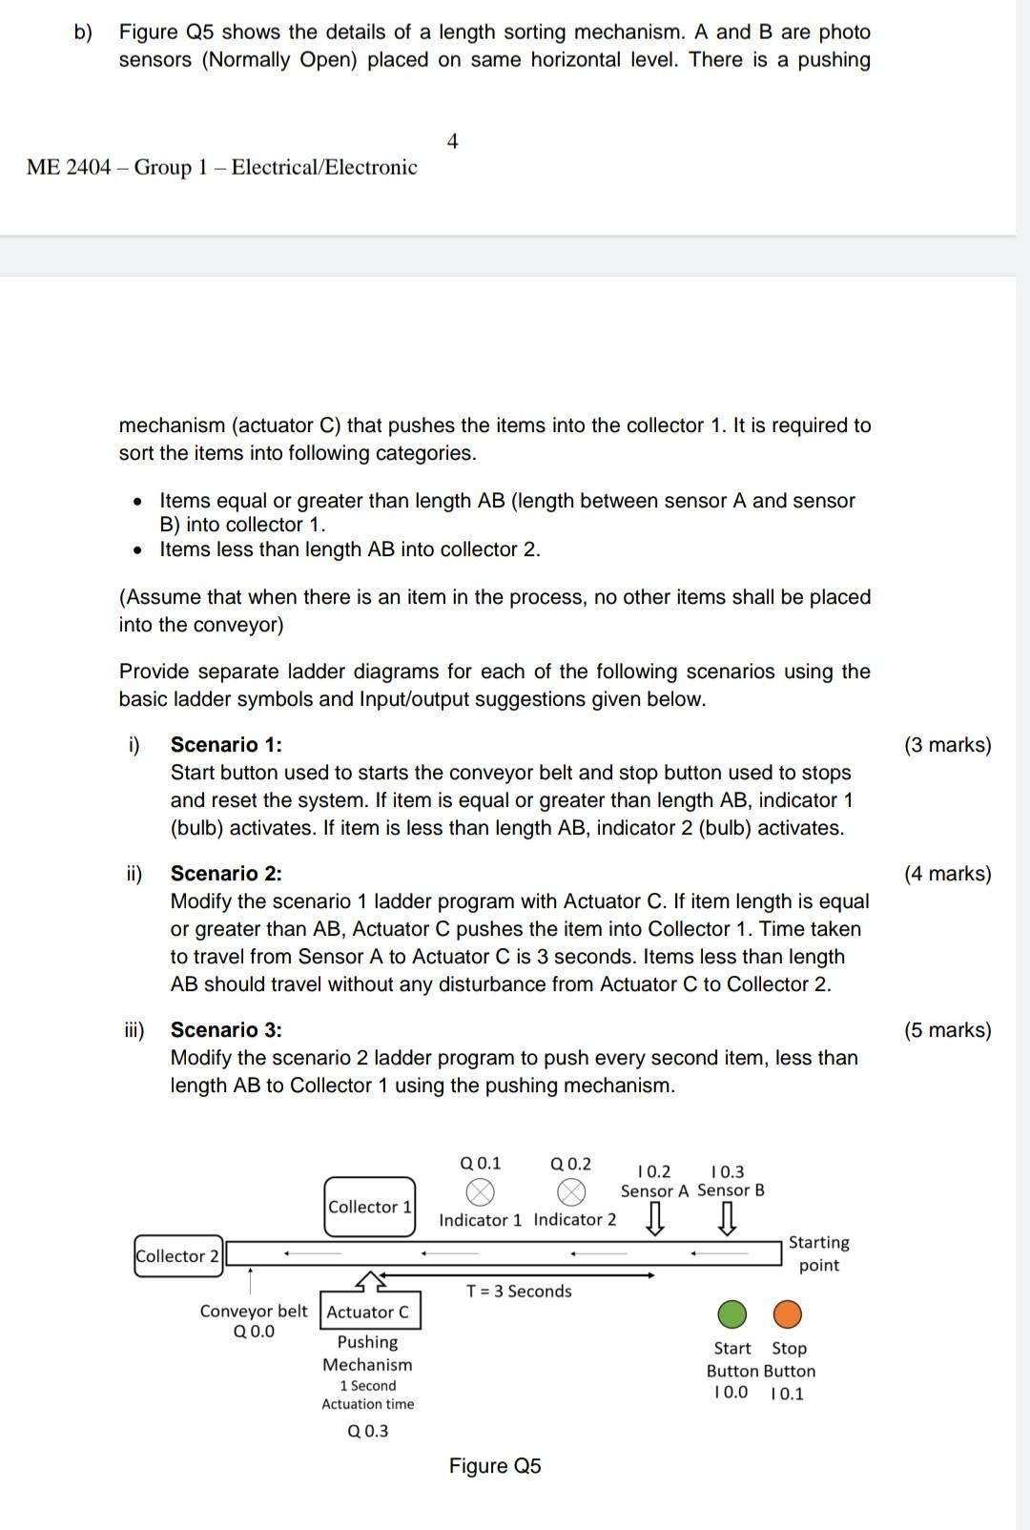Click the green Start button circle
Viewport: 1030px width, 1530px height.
pyautogui.click(x=731, y=1314)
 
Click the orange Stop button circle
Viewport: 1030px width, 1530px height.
pyautogui.click(x=787, y=1314)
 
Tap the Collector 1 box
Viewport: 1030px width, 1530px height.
pyautogui.click(x=370, y=1207)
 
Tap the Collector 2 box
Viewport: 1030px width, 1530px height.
pyautogui.click(x=178, y=1255)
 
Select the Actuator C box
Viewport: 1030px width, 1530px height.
pyautogui.click(x=369, y=1312)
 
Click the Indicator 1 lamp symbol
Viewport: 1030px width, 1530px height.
pyautogui.click(x=481, y=1191)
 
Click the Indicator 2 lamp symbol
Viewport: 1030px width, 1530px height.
pyautogui.click(x=570, y=1191)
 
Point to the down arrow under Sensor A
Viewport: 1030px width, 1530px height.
pyautogui.click(x=655, y=1218)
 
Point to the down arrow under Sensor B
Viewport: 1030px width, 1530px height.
pyautogui.click(x=727, y=1218)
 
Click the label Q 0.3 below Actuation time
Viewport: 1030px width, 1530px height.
pyautogui.click(x=368, y=1431)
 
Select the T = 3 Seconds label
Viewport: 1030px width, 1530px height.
pyautogui.click(x=519, y=1291)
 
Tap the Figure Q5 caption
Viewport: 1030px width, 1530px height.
pyautogui.click(x=495, y=1466)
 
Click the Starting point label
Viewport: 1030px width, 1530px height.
pyautogui.click(x=818, y=1253)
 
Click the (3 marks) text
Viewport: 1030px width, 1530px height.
pyautogui.click(x=947, y=745)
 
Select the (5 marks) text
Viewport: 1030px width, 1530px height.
pyautogui.click(x=947, y=1030)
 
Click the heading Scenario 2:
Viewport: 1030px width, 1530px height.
pyautogui.click(x=226, y=874)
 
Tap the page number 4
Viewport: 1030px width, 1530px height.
pyautogui.click(x=452, y=141)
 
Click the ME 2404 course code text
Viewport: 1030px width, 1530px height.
pyautogui.click(x=69, y=167)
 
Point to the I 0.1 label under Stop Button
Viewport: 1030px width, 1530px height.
pyautogui.click(x=787, y=1394)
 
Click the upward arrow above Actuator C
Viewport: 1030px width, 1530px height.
pyautogui.click(x=371, y=1278)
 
